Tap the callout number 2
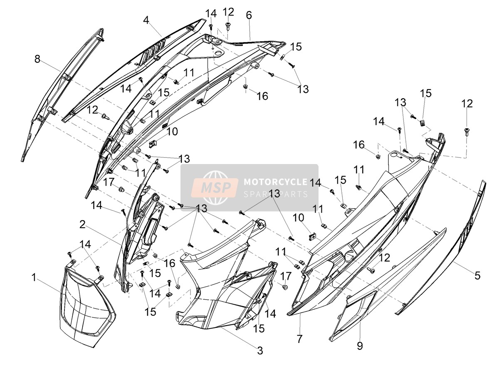pyautogui.click(x=82, y=225)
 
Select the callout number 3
pyautogui.click(x=260, y=351)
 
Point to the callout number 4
pyautogui.click(x=146, y=20)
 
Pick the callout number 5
pyautogui.click(x=477, y=275)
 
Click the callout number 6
pyautogui.click(x=249, y=15)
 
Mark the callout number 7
pyautogui.click(x=300, y=339)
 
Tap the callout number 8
pyautogui.click(x=37, y=59)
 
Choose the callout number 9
pyautogui.click(x=360, y=346)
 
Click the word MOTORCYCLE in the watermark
pyautogui.click(x=276, y=182)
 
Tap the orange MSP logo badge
pyautogui.click(x=215, y=187)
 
